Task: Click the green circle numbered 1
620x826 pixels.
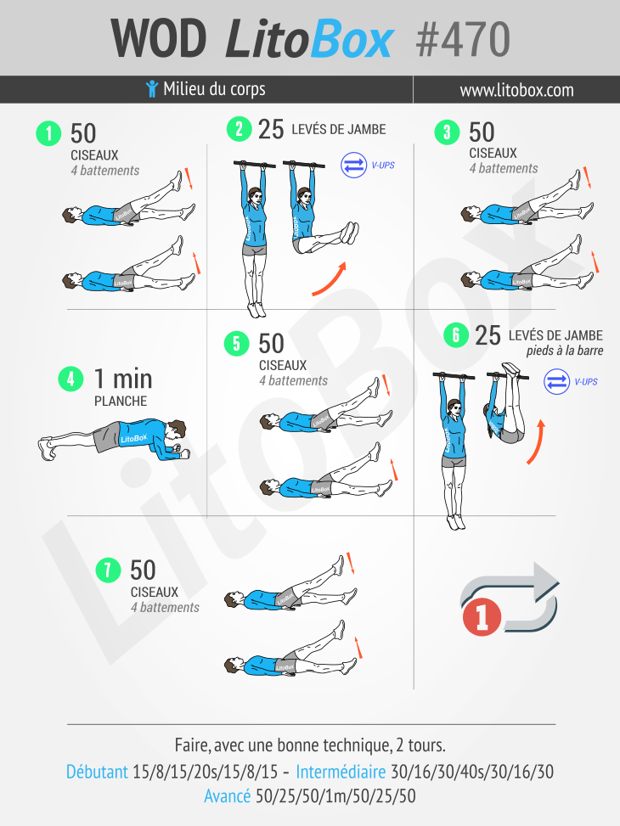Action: click(x=48, y=133)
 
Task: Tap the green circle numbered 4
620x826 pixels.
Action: click(x=70, y=379)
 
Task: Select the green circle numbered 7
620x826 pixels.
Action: click(x=108, y=570)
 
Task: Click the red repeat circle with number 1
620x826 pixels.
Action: click(x=482, y=616)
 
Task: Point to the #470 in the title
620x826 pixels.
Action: click(x=463, y=40)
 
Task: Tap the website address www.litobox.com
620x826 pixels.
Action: click(x=516, y=90)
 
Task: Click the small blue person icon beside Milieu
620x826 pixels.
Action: click(x=152, y=88)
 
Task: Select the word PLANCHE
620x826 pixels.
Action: click(x=121, y=402)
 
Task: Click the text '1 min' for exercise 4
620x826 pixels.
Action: click(x=123, y=379)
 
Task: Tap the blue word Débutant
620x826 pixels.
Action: click(x=97, y=772)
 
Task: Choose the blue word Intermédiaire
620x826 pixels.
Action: click(x=341, y=772)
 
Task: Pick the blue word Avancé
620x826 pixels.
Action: click(x=228, y=795)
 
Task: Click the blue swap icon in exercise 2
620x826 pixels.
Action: click(x=354, y=165)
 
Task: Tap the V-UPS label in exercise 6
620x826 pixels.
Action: click(x=586, y=381)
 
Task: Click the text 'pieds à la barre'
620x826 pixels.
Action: click(x=565, y=351)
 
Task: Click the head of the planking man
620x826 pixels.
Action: click(x=176, y=430)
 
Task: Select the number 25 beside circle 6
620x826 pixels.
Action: click(x=488, y=335)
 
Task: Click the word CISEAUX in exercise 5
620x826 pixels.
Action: click(x=283, y=366)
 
